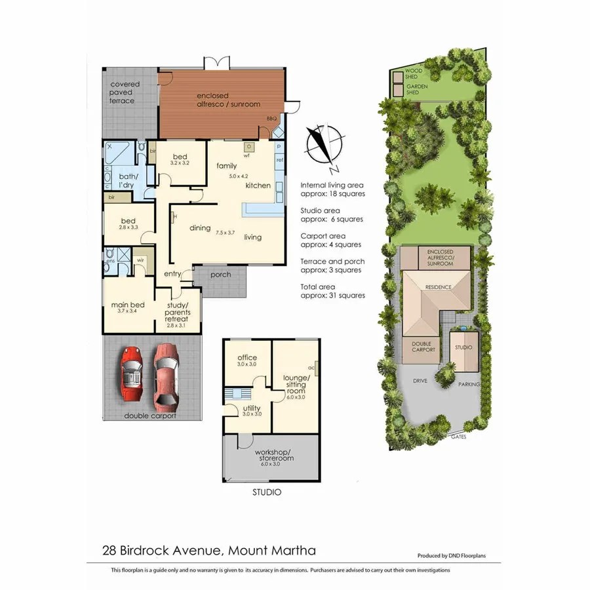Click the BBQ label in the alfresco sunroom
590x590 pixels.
(x=271, y=119)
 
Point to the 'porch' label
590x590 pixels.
(x=220, y=274)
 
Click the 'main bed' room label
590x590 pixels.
(x=128, y=305)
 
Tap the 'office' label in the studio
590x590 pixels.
(x=247, y=357)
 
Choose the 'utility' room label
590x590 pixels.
(x=252, y=408)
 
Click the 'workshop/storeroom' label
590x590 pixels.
(x=271, y=455)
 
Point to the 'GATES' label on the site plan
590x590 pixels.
(x=458, y=437)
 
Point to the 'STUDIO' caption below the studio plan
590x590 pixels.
(x=267, y=492)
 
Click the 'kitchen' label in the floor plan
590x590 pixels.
(x=258, y=186)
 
